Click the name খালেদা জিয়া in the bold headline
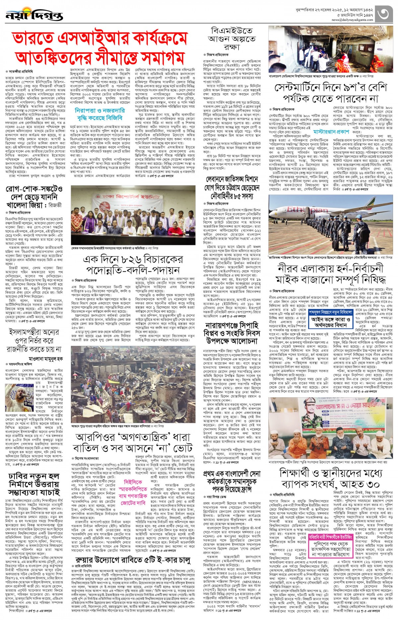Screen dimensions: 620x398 click(27, 205)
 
